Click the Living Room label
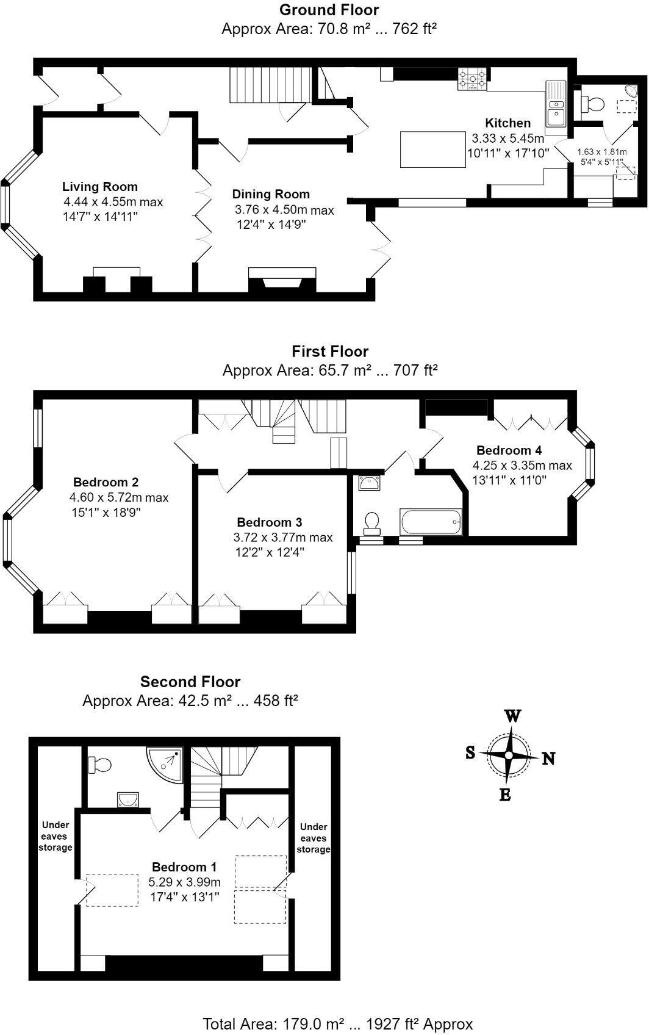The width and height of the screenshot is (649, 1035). (100, 187)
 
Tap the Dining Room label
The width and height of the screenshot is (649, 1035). (271, 194)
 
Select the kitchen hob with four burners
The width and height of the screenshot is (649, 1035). (473, 80)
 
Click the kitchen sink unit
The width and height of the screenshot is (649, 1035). (556, 107)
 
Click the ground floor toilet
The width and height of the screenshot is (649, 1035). (591, 104)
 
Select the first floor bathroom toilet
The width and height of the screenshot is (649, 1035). (371, 522)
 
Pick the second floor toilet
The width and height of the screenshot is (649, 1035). (99, 764)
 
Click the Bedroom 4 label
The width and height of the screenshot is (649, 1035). (509, 450)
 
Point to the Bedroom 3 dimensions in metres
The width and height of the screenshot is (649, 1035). (282, 538)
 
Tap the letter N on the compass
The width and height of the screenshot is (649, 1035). (548, 759)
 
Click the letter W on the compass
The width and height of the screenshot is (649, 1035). (512, 716)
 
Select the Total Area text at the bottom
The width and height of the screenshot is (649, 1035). (337, 1023)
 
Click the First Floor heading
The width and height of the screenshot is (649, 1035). (330, 352)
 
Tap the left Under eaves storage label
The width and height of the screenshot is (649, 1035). (56, 836)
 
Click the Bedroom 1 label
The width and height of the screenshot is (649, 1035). (184, 867)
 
